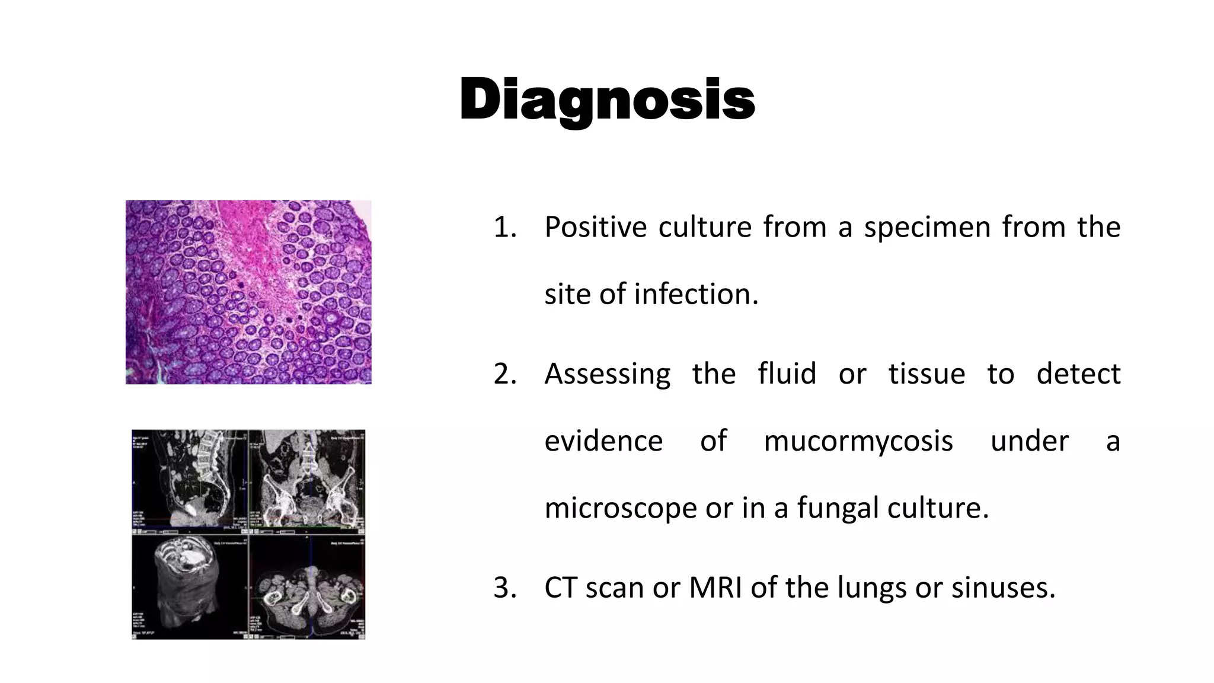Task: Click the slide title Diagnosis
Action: (x=607, y=100)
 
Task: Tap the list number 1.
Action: (x=504, y=227)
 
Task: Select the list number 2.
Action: (x=504, y=374)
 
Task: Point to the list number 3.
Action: (x=504, y=588)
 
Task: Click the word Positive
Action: (x=595, y=227)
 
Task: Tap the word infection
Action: (x=696, y=294)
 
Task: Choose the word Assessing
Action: (x=607, y=374)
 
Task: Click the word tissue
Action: (x=927, y=374)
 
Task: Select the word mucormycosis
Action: (x=858, y=441)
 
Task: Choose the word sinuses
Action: (x=1003, y=588)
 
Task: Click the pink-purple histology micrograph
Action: (x=248, y=292)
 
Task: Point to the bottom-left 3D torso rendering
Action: (x=189, y=587)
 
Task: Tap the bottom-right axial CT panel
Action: (x=307, y=587)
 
